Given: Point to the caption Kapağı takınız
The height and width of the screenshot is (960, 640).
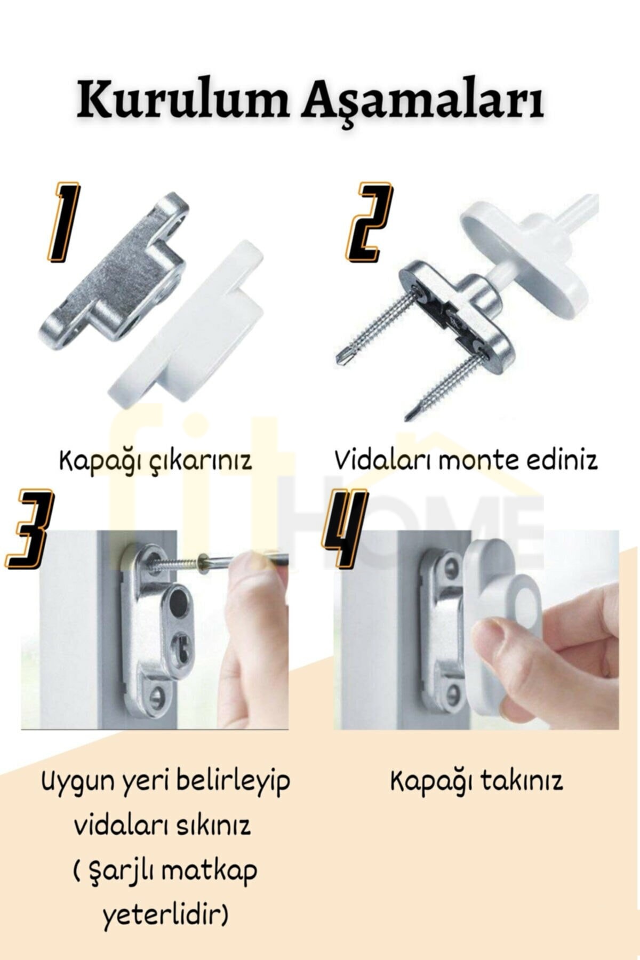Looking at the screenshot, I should [476, 782].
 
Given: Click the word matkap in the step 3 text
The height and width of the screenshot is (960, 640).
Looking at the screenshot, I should [209, 871].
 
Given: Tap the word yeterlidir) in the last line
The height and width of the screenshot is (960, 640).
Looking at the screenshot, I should [165, 915].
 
